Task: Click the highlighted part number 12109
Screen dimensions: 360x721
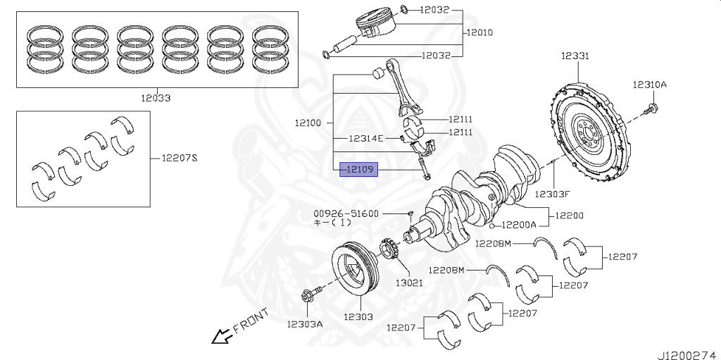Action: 359,169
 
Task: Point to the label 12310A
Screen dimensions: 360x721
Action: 648,85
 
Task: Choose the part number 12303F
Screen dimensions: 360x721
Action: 551,193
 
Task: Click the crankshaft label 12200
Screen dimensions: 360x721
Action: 569,215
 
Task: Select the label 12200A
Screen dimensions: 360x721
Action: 518,225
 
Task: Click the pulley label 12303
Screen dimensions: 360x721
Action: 358,317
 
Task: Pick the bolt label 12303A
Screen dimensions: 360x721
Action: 304,324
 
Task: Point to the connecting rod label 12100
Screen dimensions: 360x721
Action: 308,123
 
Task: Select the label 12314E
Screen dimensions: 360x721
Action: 367,138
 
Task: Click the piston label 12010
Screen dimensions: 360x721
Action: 479,32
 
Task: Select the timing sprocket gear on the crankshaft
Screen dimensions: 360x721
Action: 389,251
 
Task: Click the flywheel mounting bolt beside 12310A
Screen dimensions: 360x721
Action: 652,108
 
